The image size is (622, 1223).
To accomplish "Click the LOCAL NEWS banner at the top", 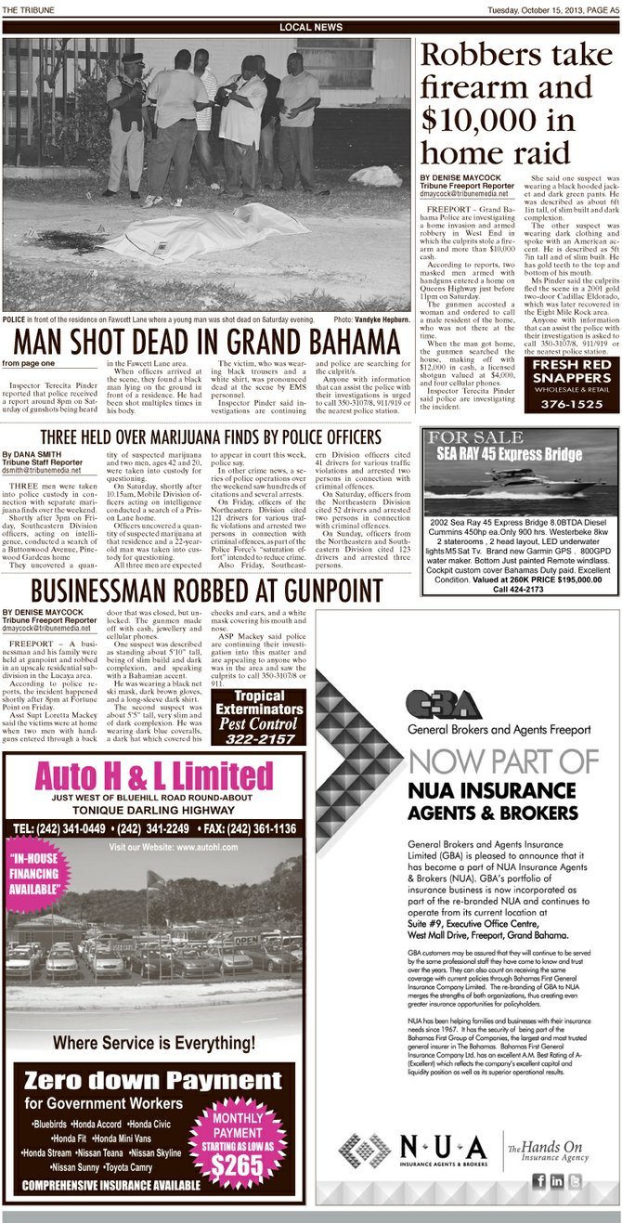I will point(310,28).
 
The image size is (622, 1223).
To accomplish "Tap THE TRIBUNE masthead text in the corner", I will point(28,10).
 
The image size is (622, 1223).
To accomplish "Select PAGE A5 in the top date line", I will point(600,10).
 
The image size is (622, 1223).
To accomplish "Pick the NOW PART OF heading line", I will point(503,761).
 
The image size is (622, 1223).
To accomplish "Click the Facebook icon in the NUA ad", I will point(539,1180).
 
